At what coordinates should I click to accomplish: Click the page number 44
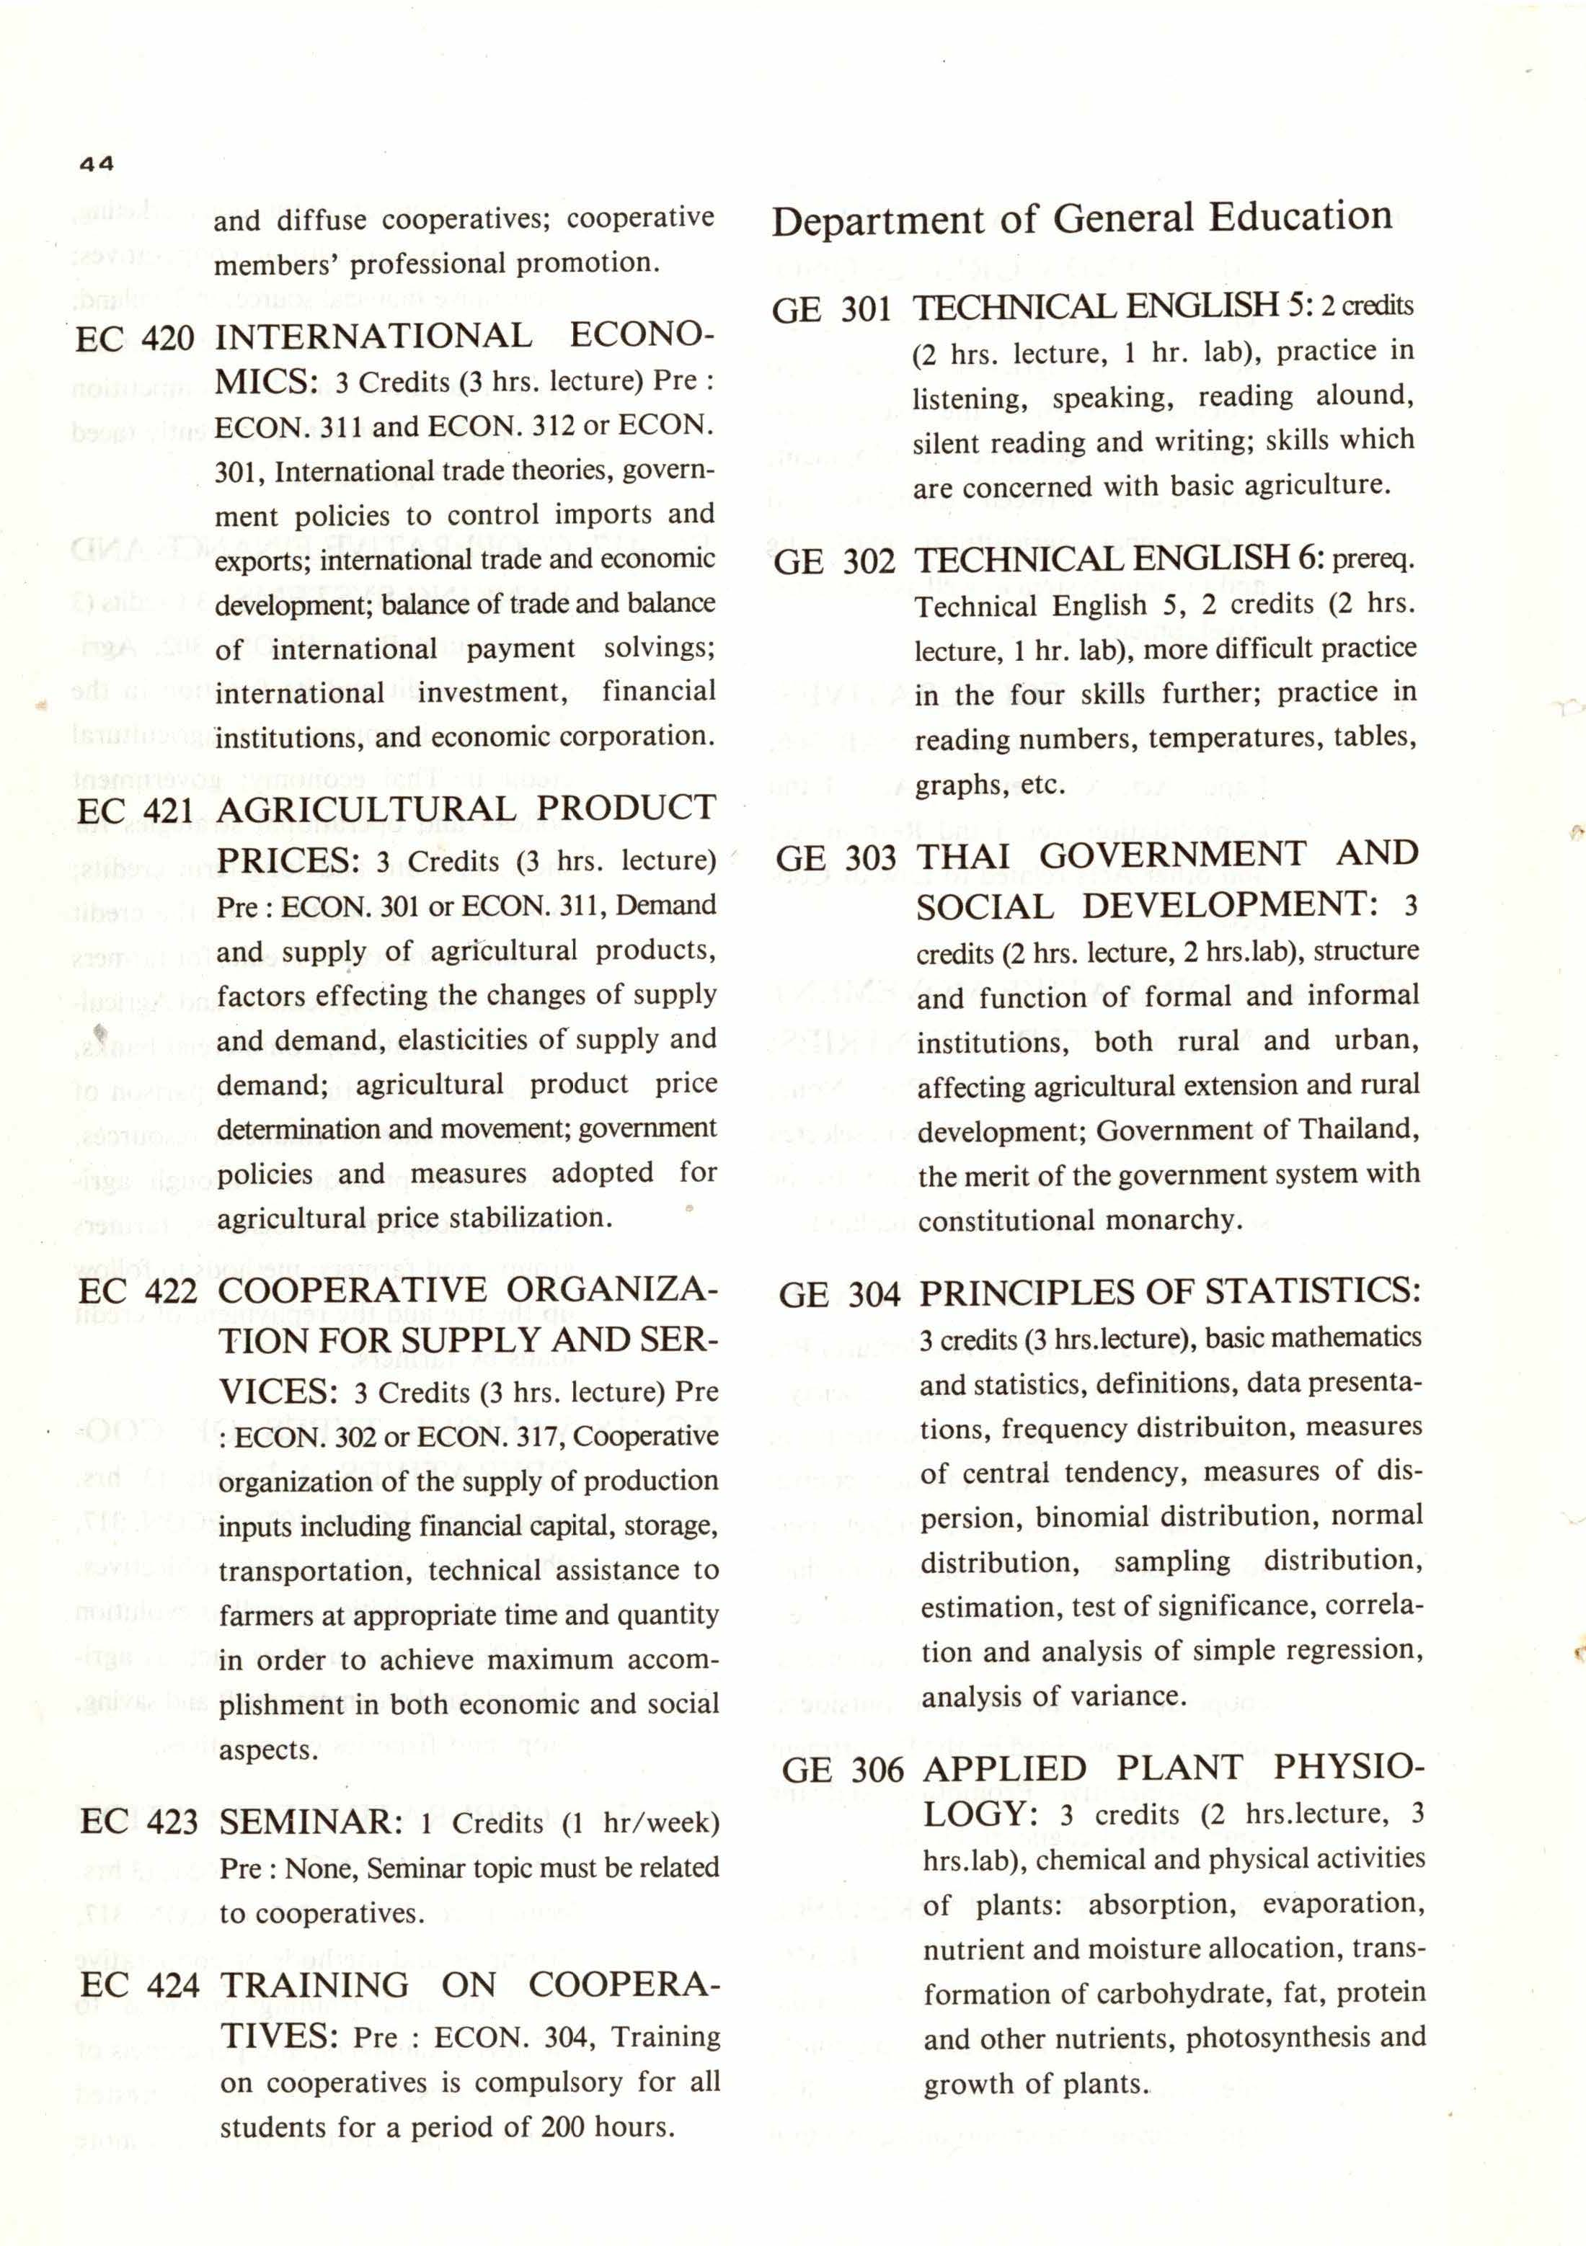click(97, 164)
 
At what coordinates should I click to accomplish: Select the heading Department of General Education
click(1081, 219)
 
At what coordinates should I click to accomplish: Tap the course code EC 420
click(135, 339)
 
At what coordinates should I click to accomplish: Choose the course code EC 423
click(140, 1822)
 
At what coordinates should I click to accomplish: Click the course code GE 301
click(832, 310)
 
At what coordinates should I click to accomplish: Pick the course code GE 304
click(839, 1295)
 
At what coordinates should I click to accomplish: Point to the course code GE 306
click(843, 1770)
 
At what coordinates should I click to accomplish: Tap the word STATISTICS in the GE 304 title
click(1312, 1291)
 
